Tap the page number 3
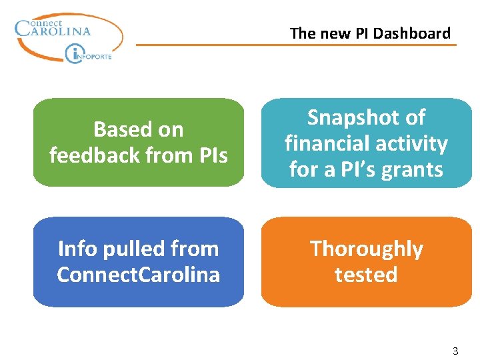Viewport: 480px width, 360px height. pos(455,351)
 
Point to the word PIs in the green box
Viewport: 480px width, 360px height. pos(211,155)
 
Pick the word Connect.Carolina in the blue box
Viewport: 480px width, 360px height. pos(139,275)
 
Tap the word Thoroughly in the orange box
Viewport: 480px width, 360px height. pos(366,249)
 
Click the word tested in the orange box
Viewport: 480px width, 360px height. pos(366,275)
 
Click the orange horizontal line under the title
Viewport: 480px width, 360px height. pos(297,45)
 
